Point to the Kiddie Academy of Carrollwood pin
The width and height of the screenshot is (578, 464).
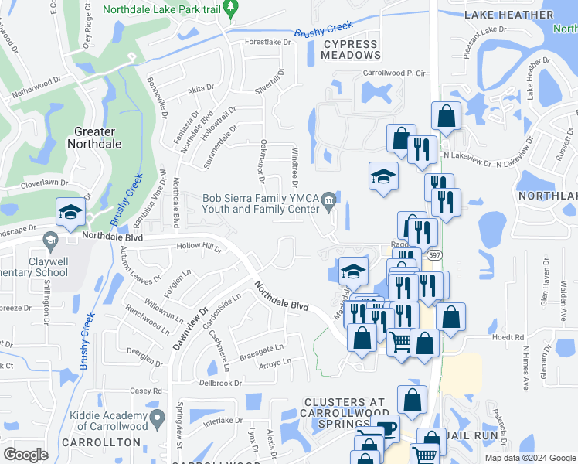coord(158,419)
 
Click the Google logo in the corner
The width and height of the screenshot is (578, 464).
coord(25,455)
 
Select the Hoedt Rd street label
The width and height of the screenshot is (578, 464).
coord(508,337)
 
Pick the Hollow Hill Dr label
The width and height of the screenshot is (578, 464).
coord(199,250)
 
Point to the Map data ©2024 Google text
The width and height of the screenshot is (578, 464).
coord(530,458)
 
